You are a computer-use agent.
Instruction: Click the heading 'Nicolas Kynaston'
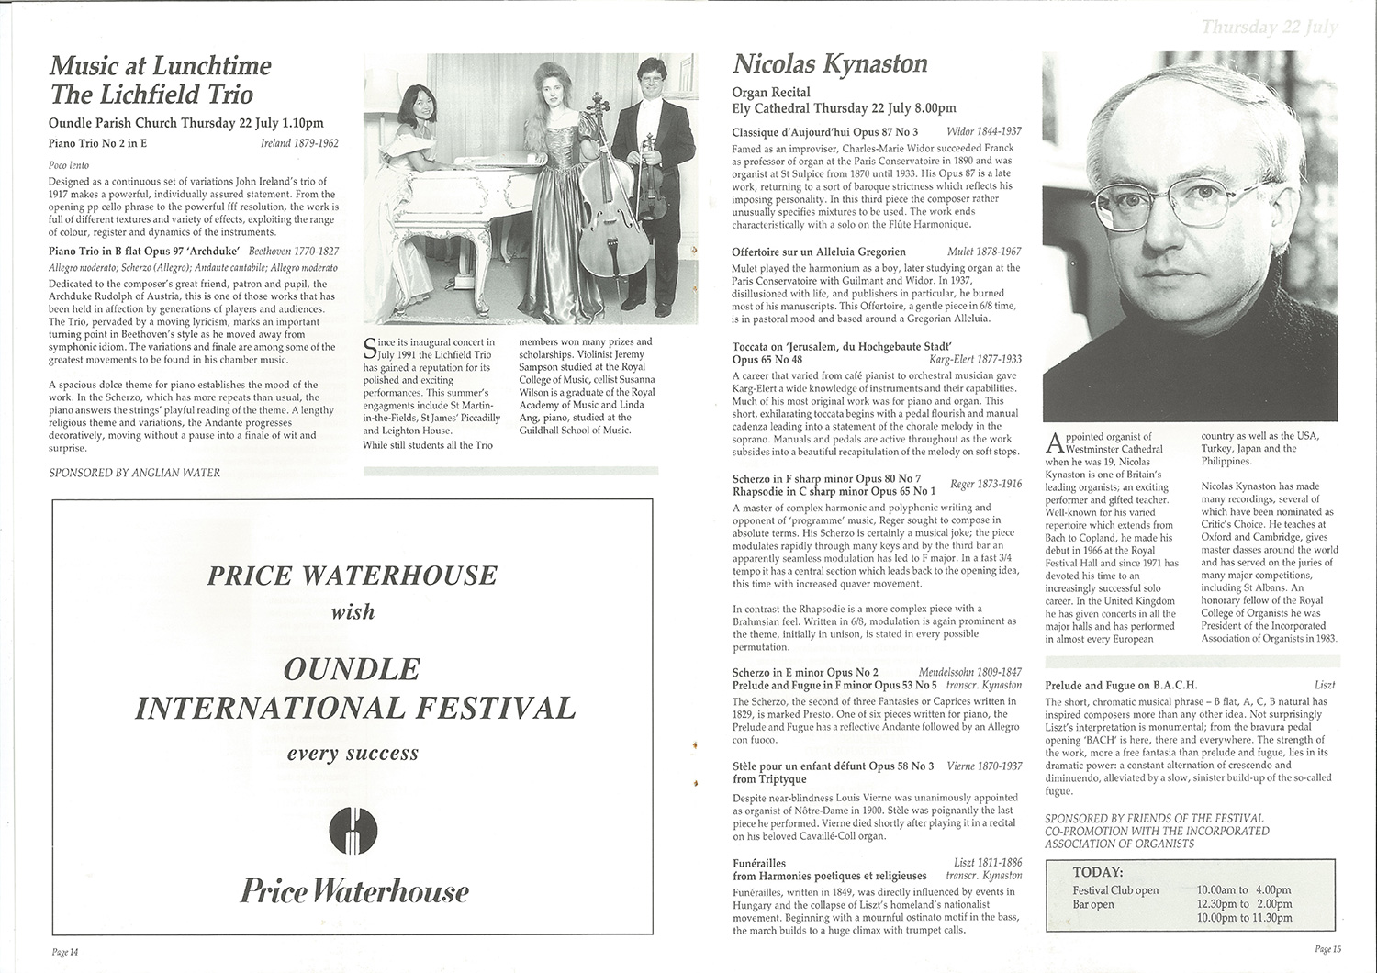830,63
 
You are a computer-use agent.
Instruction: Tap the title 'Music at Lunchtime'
161,66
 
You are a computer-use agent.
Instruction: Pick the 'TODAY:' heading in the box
1097,872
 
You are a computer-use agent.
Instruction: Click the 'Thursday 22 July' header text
1268,28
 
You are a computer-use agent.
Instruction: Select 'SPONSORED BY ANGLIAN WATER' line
134,473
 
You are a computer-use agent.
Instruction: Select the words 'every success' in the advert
353,754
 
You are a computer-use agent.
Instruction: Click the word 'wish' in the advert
353,611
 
